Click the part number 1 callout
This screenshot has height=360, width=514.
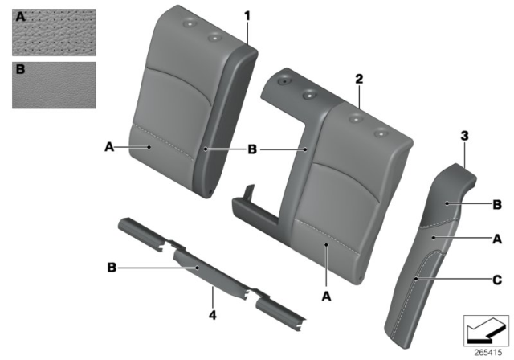tap(247, 16)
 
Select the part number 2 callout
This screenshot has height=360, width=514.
tap(359, 79)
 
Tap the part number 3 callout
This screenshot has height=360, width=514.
tap(464, 136)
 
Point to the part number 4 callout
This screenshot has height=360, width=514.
tap(213, 315)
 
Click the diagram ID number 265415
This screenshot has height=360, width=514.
tap(488, 353)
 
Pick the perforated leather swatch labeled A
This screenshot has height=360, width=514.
tap(54, 32)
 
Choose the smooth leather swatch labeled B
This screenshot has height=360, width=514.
tap(54, 85)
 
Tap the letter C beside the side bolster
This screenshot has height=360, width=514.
tap(497, 280)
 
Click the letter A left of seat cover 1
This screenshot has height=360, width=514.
tap(109, 146)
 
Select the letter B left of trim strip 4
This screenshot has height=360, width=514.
tap(112, 268)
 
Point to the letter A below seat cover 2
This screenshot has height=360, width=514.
tap(327, 297)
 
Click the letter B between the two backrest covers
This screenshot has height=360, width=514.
tap(251, 149)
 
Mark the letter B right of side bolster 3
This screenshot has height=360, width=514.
tap(497, 205)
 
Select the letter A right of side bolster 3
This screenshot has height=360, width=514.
tap(497, 239)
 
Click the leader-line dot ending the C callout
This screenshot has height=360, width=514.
tap(416, 280)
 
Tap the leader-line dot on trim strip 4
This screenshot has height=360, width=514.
tap(198, 268)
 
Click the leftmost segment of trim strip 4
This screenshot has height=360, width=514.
tap(141, 235)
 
